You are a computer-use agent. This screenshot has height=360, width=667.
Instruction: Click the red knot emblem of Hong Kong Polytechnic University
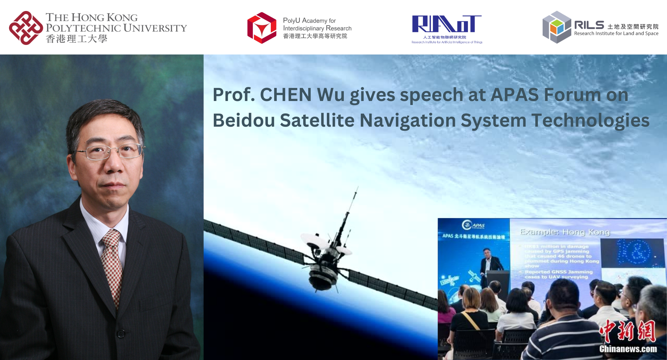tap(26, 28)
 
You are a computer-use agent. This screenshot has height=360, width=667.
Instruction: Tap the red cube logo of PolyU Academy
tap(262, 28)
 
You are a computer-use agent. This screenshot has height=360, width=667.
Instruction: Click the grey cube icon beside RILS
tap(557, 27)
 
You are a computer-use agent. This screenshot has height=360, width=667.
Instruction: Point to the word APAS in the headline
tap(514, 95)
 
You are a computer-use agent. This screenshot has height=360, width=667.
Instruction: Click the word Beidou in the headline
tap(244, 120)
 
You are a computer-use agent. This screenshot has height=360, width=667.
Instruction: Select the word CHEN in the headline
tap(285, 95)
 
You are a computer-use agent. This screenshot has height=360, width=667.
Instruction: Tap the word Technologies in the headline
tap(590, 120)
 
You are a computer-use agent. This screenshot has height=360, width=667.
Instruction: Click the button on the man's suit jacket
tap(121, 333)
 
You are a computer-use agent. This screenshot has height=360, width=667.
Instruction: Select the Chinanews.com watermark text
tap(628, 349)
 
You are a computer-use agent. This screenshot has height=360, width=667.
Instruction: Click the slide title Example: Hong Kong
tap(565, 232)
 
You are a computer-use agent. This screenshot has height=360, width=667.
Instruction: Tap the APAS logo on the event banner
tap(473, 225)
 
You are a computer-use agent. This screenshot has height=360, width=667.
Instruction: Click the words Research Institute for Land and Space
tap(616, 33)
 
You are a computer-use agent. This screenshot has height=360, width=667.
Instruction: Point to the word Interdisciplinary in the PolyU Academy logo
tap(303, 28)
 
